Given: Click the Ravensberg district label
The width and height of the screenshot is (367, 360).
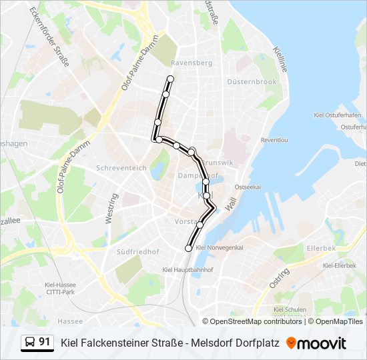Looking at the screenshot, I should [192, 63].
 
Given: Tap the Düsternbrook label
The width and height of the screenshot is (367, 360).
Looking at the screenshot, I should [252, 81].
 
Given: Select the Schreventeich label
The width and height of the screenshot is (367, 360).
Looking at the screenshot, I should [121, 168].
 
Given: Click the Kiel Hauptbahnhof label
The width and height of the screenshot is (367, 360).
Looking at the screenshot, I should [188, 269].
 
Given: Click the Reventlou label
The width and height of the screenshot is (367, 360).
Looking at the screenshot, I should [274, 141].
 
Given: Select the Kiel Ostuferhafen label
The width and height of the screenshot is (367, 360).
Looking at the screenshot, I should [338, 115].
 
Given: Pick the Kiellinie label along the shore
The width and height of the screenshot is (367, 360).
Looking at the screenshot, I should [280, 59].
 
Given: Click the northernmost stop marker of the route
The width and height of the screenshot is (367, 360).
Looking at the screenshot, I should [170, 79].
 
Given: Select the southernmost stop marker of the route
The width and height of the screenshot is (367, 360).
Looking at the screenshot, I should [188, 248].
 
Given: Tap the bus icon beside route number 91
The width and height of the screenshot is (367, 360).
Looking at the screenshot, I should [29, 343].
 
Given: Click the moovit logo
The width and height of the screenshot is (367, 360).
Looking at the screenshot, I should [316, 343].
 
